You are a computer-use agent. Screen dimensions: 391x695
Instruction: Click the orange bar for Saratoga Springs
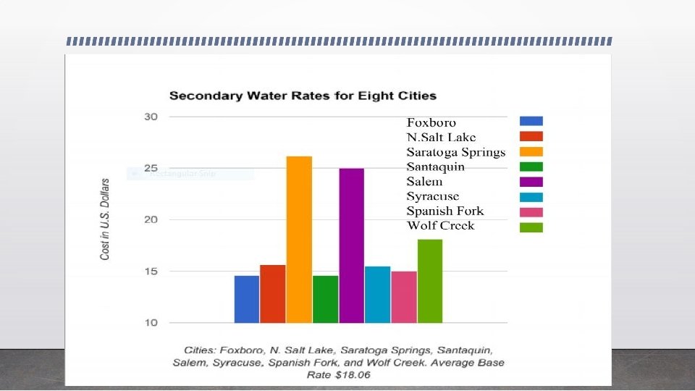(x=299, y=239)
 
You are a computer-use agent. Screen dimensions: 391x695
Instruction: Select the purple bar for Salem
(x=351, y=245)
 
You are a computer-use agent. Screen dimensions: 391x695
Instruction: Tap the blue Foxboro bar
(x=247, y=298)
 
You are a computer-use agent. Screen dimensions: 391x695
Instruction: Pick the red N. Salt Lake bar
(x=273, y=293)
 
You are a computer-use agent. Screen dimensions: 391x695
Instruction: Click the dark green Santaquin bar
(x=325, y=298)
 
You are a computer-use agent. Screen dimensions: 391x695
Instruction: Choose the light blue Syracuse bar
(x=377, y=294)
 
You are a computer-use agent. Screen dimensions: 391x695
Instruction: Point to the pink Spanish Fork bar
(x=403, y=297)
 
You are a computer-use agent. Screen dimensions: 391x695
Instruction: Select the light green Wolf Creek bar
(x=429, y=280)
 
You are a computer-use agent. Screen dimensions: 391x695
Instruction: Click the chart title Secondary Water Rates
(x=303, y=96)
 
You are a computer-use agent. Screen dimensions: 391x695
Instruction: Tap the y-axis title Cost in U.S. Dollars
(x=105, y=219)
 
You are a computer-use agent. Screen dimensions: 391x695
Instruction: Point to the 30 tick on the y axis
(x=151, y=117)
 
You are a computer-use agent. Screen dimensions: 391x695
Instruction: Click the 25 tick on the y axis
(x=151, y=168)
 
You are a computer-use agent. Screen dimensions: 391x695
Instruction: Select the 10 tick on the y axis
(x=151, y=322)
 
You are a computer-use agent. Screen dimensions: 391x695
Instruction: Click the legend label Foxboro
(x=431, y=122)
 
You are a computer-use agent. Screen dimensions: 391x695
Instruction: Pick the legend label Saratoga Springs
(x=455, y=152)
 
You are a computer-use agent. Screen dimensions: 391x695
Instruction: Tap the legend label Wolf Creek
(x=440, y=226)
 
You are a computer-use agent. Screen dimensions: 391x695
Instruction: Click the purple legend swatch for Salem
(x=531, y=182)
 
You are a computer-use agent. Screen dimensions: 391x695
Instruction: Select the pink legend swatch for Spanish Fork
(x=531, y=211)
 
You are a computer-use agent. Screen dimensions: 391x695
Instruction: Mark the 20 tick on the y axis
(x=151, y=219)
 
